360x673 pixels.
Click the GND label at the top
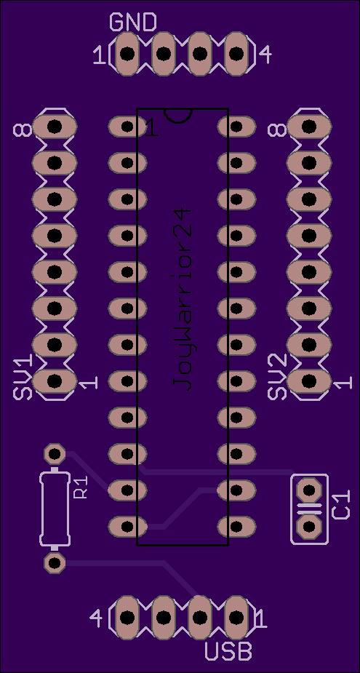(x=133, y=23)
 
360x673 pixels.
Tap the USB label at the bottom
(x=228, y=650)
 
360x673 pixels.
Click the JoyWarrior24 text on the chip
(x=182, y=300)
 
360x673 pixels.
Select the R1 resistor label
(x=81, y=487)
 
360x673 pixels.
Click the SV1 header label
(x=23, y=378)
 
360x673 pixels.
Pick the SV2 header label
(x=277, y=378)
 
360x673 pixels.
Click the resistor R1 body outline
(x=55, y=509)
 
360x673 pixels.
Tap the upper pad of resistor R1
(x=55, y=454)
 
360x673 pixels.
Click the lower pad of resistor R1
(x=55, y=562)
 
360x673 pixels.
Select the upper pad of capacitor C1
(x=309, y=490)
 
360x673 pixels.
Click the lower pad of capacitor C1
(x=309, y=526)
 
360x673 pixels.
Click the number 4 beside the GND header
(x=265, y=55)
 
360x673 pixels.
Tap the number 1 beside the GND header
(x=99, y=56)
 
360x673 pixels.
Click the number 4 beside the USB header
(x=96, y=618)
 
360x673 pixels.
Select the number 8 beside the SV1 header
(x=23, y=130)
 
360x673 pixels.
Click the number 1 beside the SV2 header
(x=344, y=383)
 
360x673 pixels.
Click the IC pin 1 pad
(x=127, y=127)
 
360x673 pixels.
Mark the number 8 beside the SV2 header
(x=277, y=130)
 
